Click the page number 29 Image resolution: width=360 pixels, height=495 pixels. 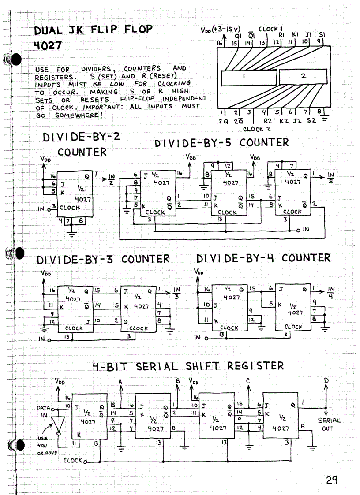(332, 480)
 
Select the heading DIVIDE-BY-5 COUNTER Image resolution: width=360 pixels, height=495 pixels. (221, 143)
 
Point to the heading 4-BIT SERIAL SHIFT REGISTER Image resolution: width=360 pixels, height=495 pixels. (188, 366)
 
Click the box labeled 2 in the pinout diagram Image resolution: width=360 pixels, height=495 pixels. (304, 77)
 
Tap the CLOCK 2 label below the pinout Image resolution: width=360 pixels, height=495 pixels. (256, 129)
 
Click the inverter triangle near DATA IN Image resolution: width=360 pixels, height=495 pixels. (56, 424)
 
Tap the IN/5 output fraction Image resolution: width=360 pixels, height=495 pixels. (331, 178)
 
